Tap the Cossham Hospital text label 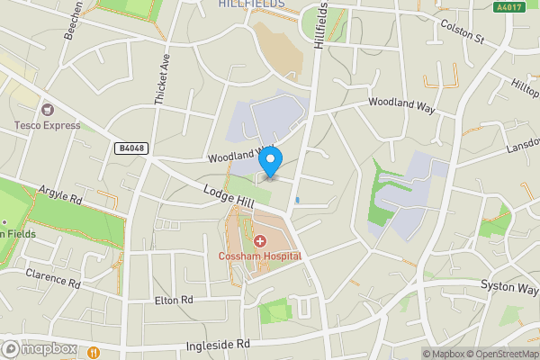click(x=260, y=256)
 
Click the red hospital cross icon click(x=260, y=241)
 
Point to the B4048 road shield click(x=130, y=148)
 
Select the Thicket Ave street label click(x=162, y=78)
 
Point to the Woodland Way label click(x=401, y=106)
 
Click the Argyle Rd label click(x=60, y=193)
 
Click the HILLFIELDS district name click(x=252, y=4)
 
